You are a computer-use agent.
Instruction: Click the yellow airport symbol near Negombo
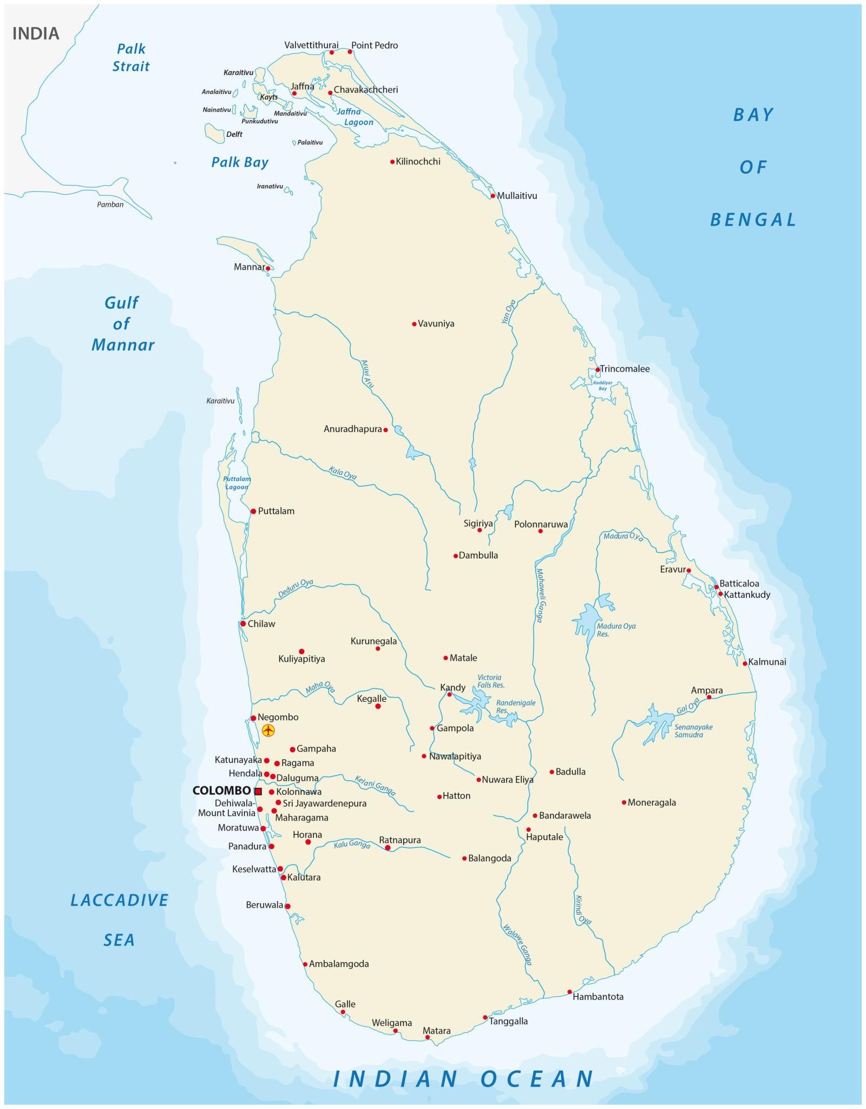(268, 730)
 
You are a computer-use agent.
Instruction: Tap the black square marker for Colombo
(258, 791)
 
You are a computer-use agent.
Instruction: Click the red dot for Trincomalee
(598, 370)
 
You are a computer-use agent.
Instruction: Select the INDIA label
(36, 34)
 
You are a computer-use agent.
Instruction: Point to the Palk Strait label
(131, 57)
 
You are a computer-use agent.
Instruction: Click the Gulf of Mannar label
(123, 324)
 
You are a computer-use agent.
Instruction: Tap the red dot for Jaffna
(294, 94)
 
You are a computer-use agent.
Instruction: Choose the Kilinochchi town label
(418, 161)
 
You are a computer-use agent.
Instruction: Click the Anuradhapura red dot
(385, 430)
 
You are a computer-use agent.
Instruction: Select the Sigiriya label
(478, 524)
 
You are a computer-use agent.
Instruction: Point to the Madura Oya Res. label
(616, 630)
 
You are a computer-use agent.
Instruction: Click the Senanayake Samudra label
(693, 731)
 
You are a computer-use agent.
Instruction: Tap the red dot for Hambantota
(569, 992)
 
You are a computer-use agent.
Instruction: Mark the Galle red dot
(343, 1012)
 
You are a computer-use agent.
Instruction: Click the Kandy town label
(453, 688)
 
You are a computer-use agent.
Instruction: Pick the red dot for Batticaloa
(716, 587)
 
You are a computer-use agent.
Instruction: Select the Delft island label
(234, 134)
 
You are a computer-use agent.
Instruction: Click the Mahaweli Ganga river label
(542, 595)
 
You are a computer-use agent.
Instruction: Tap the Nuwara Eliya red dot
(478, 780)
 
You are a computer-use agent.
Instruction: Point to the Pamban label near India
(110, 204)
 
